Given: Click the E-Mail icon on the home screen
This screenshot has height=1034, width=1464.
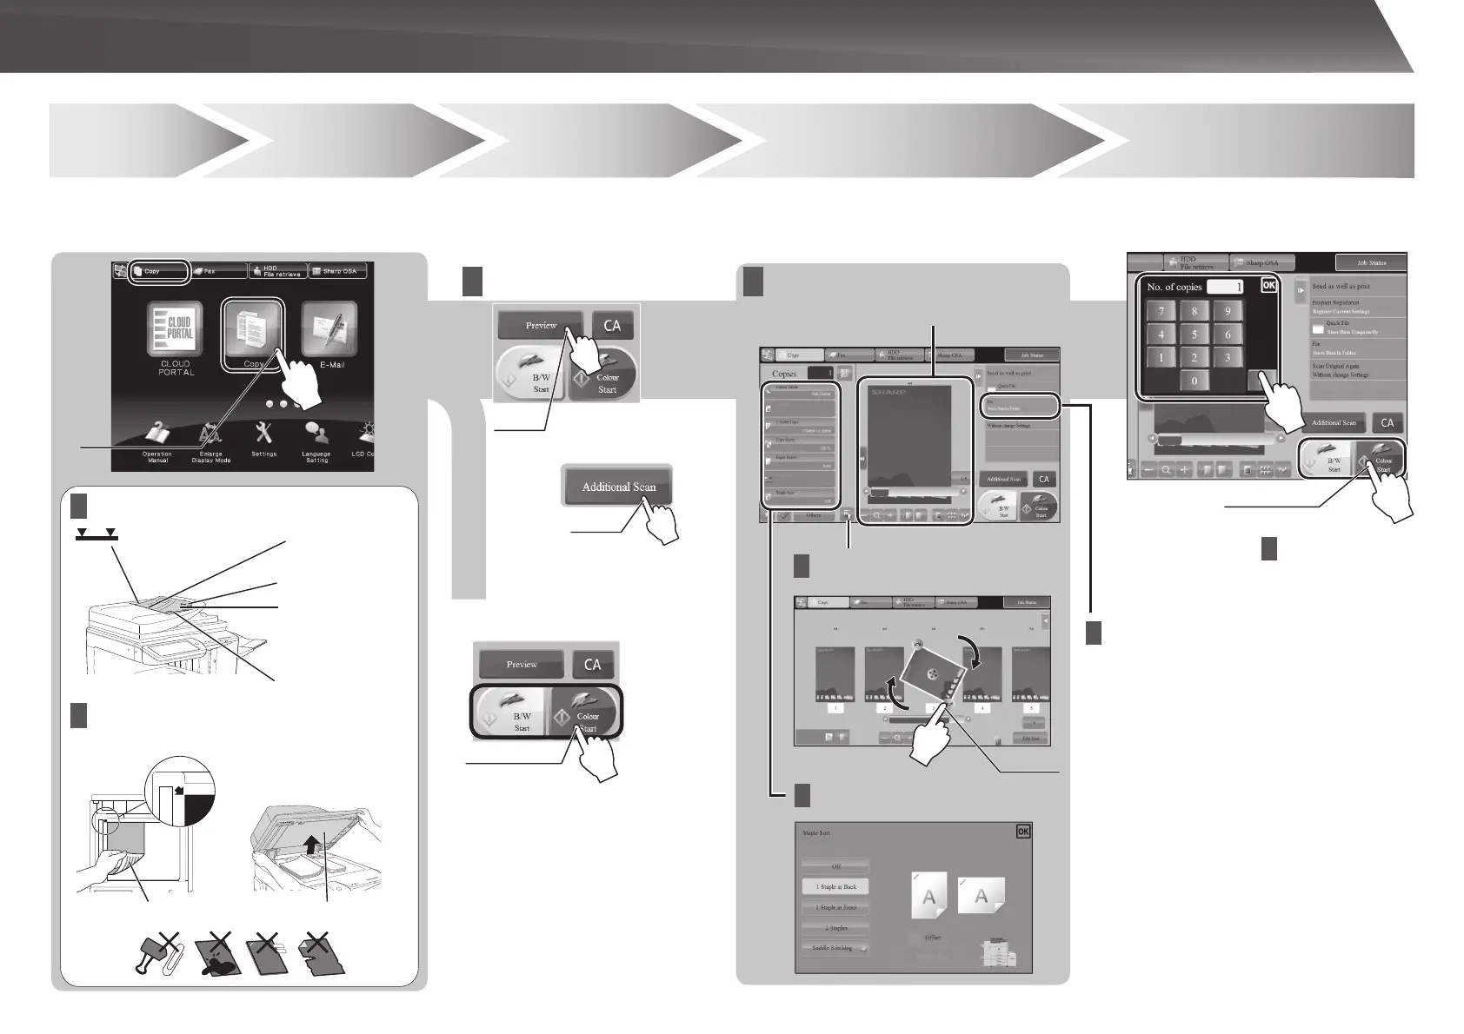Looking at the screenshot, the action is pos(329,328).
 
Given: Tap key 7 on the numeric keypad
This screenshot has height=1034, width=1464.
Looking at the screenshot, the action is pos(1161,310).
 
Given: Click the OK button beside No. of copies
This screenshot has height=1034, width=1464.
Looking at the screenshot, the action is pos(1268,285).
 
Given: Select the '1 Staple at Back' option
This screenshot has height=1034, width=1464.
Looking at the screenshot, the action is pos(835,887).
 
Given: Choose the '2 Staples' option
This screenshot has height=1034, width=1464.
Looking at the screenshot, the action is pos(835,928).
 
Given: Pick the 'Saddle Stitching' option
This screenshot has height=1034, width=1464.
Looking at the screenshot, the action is pos(835,948).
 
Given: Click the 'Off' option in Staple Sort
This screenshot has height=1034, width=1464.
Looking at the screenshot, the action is pos(835,866).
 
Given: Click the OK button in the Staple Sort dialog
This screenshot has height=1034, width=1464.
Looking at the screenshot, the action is pos(1022,832).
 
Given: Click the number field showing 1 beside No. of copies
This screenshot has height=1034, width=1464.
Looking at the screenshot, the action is pos(1224,286).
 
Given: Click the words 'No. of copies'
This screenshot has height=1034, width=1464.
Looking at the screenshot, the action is pos(1174,287).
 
